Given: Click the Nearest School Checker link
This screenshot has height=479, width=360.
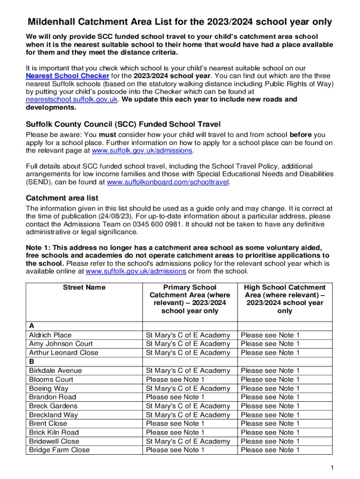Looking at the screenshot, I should (67, 76).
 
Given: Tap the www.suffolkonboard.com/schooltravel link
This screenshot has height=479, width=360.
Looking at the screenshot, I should (168, 182).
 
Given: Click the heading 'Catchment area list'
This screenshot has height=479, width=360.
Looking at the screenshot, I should (62, 198).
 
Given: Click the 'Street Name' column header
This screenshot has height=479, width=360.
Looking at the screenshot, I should (84, 287).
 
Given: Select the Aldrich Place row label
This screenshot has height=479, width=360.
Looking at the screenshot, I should (50, 335).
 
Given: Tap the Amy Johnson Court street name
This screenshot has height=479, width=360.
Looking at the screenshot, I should (61, 344).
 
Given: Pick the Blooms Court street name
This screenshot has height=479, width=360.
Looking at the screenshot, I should (51, 379).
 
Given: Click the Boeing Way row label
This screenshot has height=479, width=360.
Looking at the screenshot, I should (49, 388).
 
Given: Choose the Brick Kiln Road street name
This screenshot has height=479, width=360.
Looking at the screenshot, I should (54, 432).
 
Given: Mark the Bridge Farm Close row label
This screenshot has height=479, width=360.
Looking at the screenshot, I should (59, 450).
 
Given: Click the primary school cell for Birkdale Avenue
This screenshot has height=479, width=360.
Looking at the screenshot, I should (188, 370).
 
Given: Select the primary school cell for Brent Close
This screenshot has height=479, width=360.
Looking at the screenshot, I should (175, 423).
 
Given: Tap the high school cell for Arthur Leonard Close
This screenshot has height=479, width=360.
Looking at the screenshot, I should (270, 353).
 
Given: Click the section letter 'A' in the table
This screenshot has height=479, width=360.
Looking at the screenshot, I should (31, 326).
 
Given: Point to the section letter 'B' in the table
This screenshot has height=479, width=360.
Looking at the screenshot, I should (31, 362).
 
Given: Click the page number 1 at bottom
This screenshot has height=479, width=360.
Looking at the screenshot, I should (331, 468).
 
